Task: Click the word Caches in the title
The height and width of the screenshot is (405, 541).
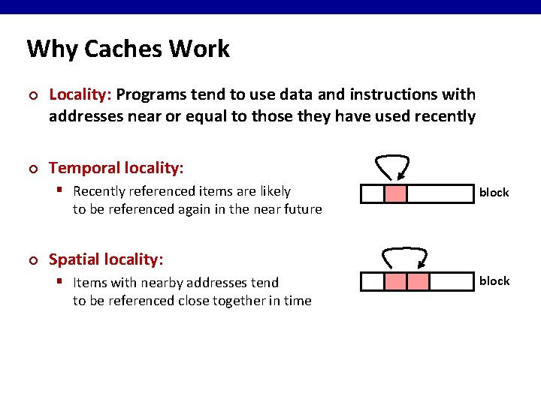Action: pyautogui.click(x=123, y=49)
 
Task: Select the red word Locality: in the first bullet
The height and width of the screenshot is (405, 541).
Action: pyautogui.click(x=80, y=94)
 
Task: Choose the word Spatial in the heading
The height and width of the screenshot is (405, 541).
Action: pyautogui.click(x=74, y=259)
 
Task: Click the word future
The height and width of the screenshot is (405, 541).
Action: pyautogui.click(x=301, y=209)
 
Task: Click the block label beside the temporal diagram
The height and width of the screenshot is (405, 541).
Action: pyautogui.click(x=494, y=193)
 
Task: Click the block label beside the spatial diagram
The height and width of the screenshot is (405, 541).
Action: pyautogui.click(x=494, y=281)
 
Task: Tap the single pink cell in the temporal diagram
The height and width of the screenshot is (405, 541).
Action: pyautogui.click(x=395, y=193)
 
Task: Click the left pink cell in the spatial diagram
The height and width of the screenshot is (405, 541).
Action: pyautogui.click(x=395, y=282)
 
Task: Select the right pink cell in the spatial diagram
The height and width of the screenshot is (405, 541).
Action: pyautogui.click(x=418, y=282)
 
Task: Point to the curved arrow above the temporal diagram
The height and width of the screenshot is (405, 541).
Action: pyautogui.click(x=392, y=163)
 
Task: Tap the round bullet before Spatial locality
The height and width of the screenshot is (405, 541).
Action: pyautogui.click(x=32, y=260)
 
